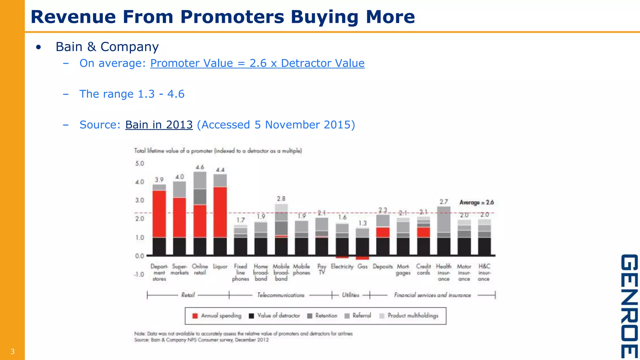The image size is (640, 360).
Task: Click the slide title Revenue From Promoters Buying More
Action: click(x=222, y=17)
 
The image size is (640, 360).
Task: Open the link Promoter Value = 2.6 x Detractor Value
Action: click(x=257, y=63)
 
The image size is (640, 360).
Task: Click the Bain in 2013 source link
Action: click(x=159, y=125)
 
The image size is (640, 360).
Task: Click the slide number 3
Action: click(x=12, y=352)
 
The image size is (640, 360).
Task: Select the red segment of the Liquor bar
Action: click(x=220, y=212)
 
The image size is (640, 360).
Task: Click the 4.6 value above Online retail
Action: click(x=200, y=167)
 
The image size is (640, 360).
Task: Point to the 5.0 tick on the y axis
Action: click(x=139, y=163)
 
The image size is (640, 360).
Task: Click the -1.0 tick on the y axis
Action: click(x=139, y=274)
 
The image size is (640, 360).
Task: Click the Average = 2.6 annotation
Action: click(x=476, y=202)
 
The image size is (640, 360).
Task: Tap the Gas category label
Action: click(x=362, y=267)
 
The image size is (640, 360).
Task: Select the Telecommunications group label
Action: click(x=280, y=295)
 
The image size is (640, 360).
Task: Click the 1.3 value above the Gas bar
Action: click(x=362, y=223)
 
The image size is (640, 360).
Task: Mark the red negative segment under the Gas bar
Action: click(x=362, y=258)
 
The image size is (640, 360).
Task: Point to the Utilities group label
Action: click(x=350, y=295)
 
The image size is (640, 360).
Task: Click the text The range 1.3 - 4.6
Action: click(x=132, y=94)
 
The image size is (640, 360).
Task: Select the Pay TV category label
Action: click(x=322, y=269)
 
